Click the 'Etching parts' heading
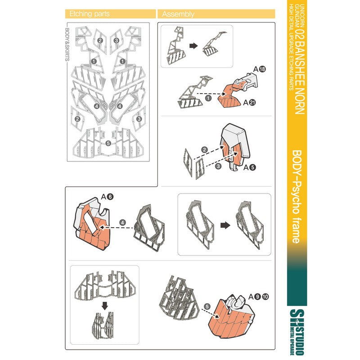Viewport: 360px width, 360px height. pos(90,14)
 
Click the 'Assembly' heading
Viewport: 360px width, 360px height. pos(178,14)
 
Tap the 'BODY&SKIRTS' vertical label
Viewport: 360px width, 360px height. pos(67,45)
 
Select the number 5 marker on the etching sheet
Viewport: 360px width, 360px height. pos(108,143)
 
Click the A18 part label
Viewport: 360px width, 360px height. pos(260,69)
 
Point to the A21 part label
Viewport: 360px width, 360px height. pos(250,103)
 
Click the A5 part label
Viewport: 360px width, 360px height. pos(250,167)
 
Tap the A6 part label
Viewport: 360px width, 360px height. pos(107,197)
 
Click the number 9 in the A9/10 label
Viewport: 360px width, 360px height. pos(257,297)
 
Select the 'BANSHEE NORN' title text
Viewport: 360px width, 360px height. pos(299,77)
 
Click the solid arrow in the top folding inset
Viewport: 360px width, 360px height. pos(193,46)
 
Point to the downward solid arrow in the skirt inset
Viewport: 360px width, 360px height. pos(105,306)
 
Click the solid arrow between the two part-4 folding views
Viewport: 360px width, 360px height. pos(225,225)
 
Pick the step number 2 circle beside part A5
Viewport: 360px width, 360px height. pos(204,150)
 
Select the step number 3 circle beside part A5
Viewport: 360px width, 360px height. pos(218,166)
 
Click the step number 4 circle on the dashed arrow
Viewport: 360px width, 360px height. pos(123,222)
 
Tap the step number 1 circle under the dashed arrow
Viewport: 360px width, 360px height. pos(208,98)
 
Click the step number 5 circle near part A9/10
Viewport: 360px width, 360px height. pos(207,306)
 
